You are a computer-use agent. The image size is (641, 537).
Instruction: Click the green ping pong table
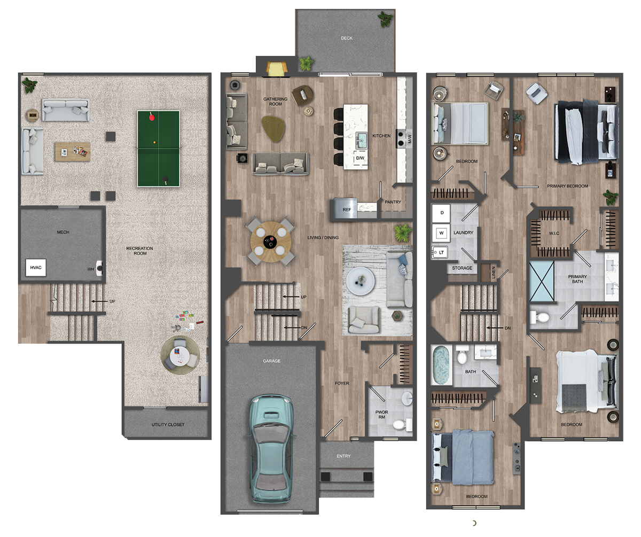(x=159, y=149)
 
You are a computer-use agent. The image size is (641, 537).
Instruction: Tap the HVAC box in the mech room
(x=36, y=267)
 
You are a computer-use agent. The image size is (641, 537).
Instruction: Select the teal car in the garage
(x=270, y=449)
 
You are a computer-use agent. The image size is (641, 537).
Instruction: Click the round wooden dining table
(x=271, y=242)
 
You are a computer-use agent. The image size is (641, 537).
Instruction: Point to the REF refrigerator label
(x=347, y=209)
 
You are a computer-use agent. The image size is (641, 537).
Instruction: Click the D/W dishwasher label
(x=360, y=158)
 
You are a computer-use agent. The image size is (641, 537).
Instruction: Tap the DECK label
(x=347, y=38)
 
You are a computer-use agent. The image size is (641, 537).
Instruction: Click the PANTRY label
(x=393, y=202)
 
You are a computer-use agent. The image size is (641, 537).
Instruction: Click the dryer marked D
(x=441, y=213)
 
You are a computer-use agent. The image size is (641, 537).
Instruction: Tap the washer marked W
(x=441, y=233)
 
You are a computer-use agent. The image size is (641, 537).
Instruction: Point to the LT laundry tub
(x=440, y=252)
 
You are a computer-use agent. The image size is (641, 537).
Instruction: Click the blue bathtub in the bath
(x=441, y=365)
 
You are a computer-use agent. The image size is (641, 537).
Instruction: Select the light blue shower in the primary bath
(x=542, y=282)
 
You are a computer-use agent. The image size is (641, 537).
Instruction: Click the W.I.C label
(x=554, y=234)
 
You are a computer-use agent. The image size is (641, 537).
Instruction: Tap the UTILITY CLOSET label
(x=168, y=425)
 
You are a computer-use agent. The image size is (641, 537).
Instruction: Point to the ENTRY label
(x=343, y=456)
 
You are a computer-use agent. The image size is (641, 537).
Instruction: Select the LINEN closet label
(x=494, y=272)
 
